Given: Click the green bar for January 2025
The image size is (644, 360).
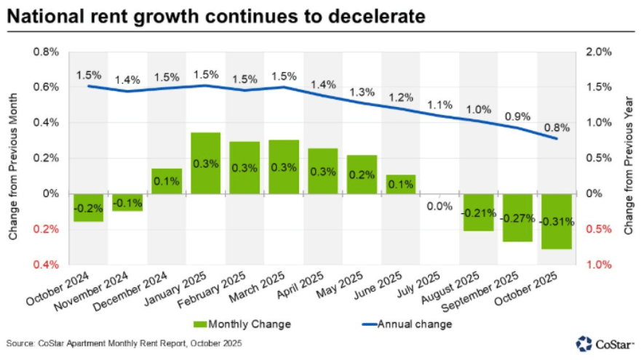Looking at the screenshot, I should pos(205,163).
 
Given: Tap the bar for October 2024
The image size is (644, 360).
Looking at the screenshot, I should pos(88,207).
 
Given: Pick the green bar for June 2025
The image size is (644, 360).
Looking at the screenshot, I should pos(400,184).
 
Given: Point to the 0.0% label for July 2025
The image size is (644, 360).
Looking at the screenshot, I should pos(440,207).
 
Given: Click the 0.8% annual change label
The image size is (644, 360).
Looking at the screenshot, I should pos(556,127).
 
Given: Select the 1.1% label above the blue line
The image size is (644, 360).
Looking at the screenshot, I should pos(440,104).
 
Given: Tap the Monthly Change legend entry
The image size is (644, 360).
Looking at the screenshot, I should pos(242,324).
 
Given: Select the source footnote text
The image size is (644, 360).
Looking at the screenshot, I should pos(124,343).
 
